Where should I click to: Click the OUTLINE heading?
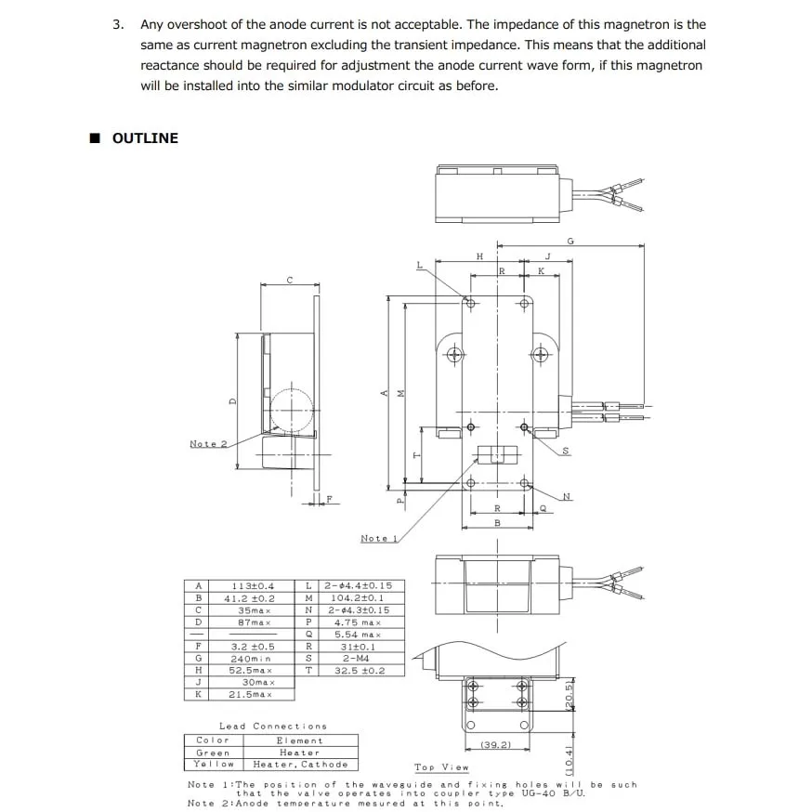pyautogui.click(x=144, y=138)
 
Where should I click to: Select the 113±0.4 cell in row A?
pyautogui.click(x=254, y=586)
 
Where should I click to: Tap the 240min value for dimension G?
pyautogui.click(x=254, y=658)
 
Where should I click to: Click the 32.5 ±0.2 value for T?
pyautogui.click(x=359, y=670)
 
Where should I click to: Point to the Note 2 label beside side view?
pyautogui.click(x=208, y=444)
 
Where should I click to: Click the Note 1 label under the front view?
pyautogui.click(x=379, y=539)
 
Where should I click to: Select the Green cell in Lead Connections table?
pyautogui.click(x=213, y=753)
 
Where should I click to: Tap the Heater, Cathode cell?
pyautogui.click(x=300, y=765)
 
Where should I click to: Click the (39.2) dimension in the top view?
pyautogui.click(x=496, y=745)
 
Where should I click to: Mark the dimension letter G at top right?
pyautogui.click(x=570, y=242)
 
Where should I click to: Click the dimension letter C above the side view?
pyautogui.click(x=290, y=280)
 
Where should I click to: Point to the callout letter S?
pyautogui.click(x=566, y=452)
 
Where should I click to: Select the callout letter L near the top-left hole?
pyautogui.click(x=420, y=266)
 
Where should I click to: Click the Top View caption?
pyautogui.click(x=441, y=767)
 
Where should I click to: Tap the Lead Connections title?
pyautogui.click(x=273, y=727)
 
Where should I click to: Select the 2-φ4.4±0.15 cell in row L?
pyautogui.click(x=359, y=586)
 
